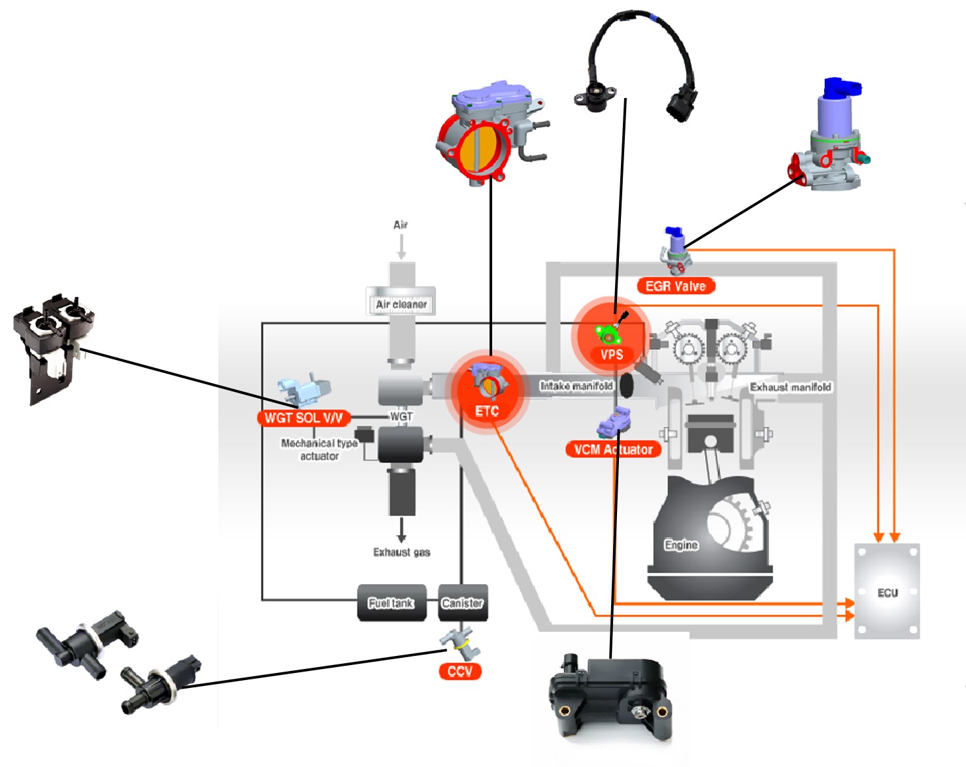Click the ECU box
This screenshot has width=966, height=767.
887,591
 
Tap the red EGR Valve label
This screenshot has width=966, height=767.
675,286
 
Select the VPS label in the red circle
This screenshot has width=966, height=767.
612,355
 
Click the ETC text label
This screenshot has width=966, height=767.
487,411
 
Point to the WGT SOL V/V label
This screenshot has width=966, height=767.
303,418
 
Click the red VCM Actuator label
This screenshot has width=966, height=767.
613,449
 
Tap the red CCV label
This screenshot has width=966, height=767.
460,672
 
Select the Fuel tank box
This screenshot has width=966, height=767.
391,603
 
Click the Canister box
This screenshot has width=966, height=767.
462,603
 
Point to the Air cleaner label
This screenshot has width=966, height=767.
401,304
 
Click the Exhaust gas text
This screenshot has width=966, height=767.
401,553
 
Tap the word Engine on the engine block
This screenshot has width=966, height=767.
681,545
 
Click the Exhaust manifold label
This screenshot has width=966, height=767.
790,387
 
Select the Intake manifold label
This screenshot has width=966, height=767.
576,386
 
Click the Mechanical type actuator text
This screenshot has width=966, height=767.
319,449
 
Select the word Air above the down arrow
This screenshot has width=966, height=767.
401,225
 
